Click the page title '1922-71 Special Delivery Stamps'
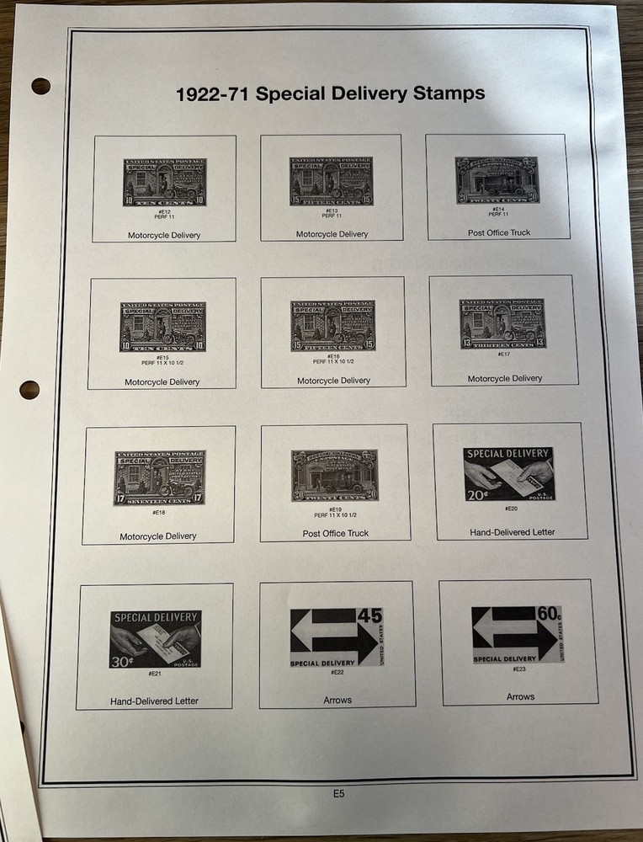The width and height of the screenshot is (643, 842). (x=330, y=93)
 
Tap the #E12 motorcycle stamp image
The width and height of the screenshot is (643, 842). (x=165, y=182)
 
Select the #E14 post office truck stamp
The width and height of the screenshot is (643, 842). (x=497, y=179)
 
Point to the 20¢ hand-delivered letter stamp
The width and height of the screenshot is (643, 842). (x=508, y=474)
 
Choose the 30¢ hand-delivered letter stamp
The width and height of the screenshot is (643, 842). (x=156, y=639)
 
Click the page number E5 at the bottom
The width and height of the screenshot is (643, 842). (x=338, y=793)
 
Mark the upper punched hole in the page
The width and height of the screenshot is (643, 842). (x=40, y=86)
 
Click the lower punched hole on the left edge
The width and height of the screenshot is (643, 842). (x=29, y=390)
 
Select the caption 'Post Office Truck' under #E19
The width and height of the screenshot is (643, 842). (x=336, y=534)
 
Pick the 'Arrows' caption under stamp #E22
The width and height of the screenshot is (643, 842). (x=337, y=700)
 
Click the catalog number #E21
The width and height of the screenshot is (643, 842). (x=155, y=674)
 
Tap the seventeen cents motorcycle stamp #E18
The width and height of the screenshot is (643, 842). (x=160, y=477)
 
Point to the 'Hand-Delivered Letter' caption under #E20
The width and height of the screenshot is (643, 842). (x=512, y=532)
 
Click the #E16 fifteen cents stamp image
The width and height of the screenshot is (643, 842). (x=333, y=326)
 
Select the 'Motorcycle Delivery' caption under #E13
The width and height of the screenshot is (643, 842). (x=332, y=234)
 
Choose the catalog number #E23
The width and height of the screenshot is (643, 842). (x=518, y=669)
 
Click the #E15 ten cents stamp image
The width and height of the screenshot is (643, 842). (x=162, y=327)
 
